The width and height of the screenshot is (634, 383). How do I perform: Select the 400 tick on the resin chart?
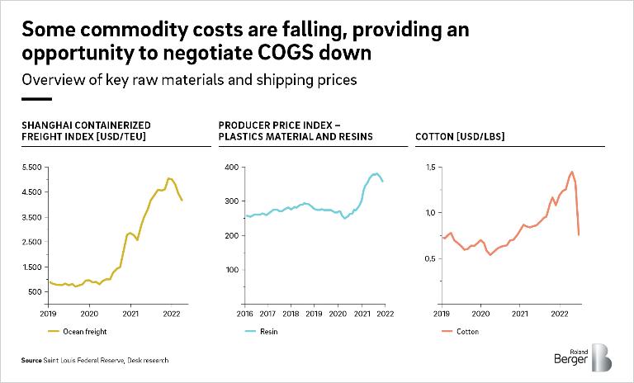[232, 167]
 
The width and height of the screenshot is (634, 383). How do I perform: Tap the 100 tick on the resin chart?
[232, 270]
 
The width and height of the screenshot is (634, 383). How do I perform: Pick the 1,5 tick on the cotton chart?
[430, 167]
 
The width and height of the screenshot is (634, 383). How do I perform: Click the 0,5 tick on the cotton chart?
[430, 259]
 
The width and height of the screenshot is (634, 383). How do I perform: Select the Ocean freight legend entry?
[79, 331]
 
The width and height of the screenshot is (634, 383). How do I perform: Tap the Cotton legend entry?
[466, 331]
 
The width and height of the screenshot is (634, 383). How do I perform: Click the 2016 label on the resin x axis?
[246, 314]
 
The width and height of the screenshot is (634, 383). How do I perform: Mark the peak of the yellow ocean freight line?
[168, 178]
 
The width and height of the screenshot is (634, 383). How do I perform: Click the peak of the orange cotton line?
[571, 172]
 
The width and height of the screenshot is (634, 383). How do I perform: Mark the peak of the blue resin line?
[376, 173]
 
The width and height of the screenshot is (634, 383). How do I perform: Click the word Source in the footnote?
[32, 361]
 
